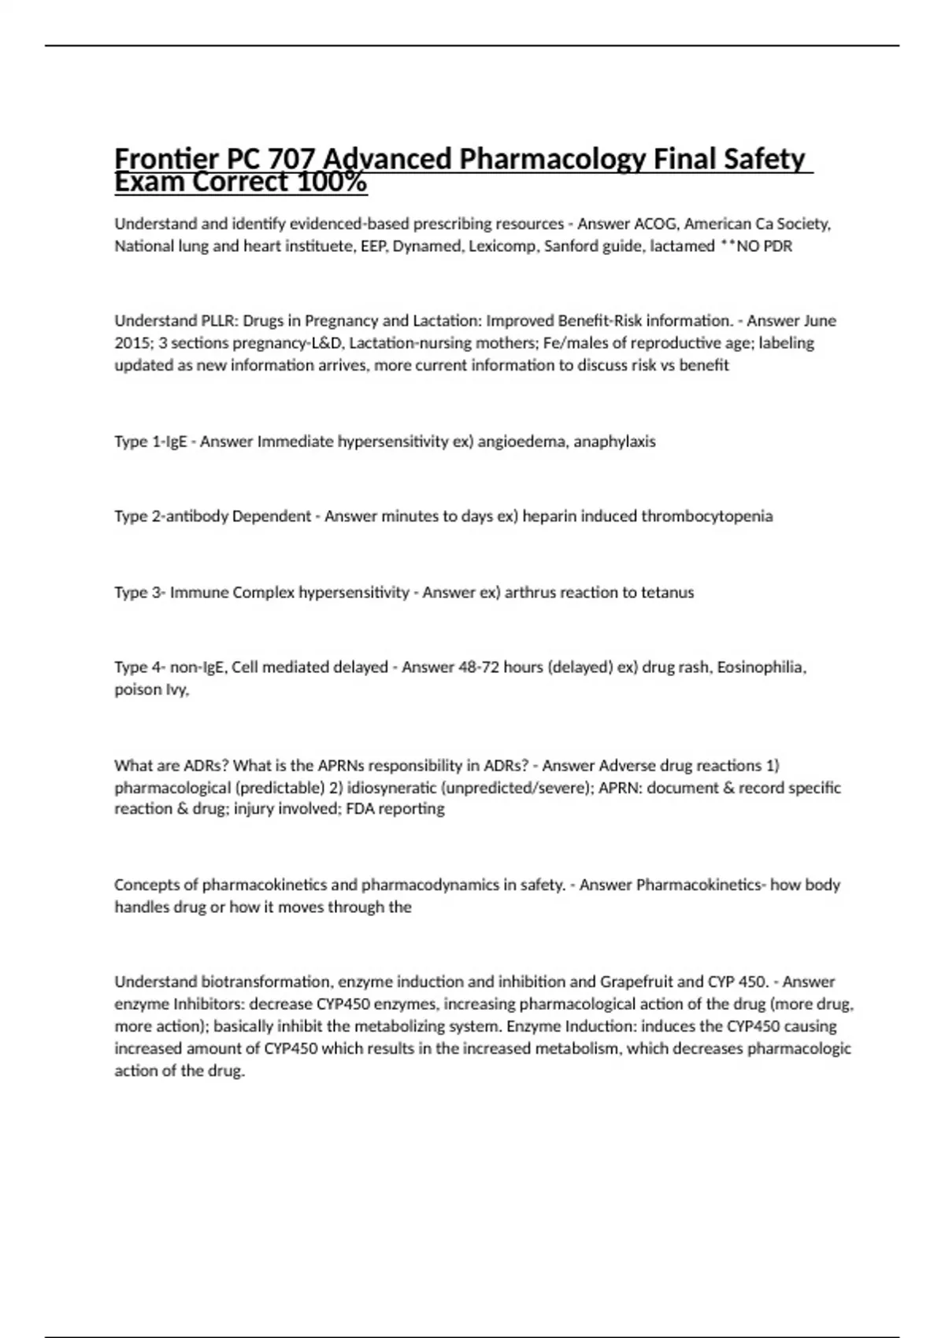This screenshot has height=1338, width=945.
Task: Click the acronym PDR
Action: tap(777, 246)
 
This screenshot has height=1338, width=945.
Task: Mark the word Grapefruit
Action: tap(636, 981)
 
